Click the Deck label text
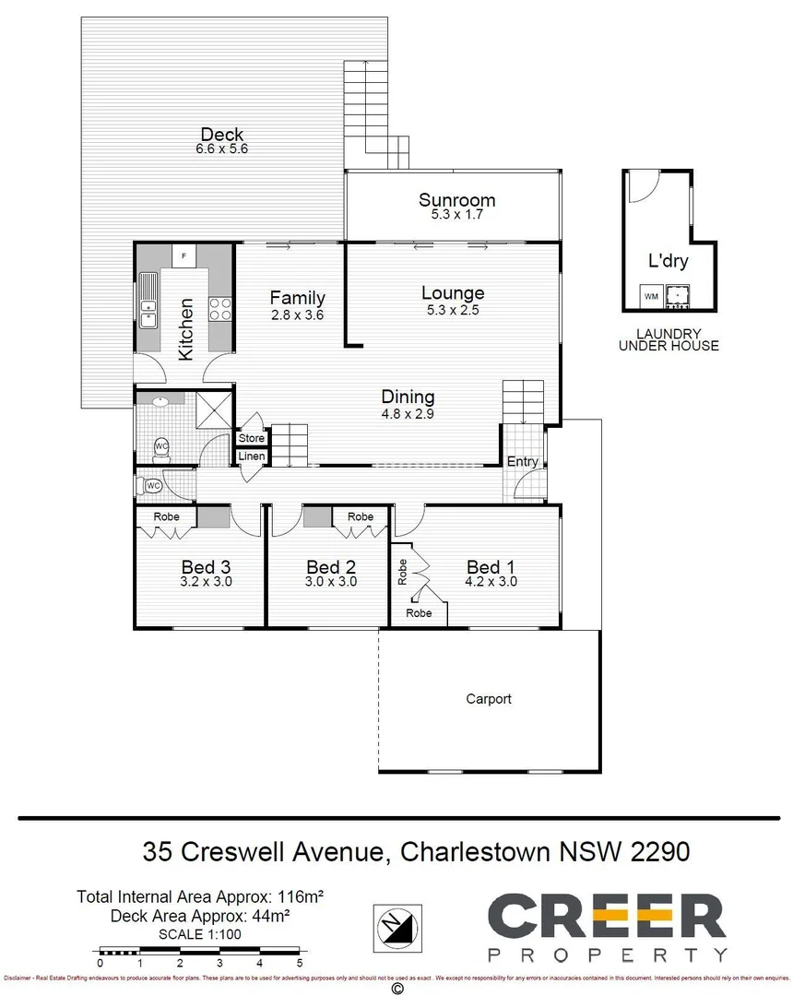click(222, 136)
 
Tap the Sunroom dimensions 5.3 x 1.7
click(456, 214)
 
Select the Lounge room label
click(453, 293)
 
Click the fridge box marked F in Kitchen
click(183, 255)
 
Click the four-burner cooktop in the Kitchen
click(220, 308)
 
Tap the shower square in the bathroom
click(214, 406)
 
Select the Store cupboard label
click(251, 438)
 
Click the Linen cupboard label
click(251, 456)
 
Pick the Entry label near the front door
click(522, 461)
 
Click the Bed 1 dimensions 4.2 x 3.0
click(490, 582)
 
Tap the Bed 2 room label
click(331, 567)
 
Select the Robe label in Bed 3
click(166, 516)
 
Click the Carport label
click(489, 699)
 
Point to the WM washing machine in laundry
click(652, 296)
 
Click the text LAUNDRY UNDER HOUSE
click(669, 339)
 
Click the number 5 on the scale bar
click(299, 963)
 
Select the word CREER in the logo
click(606, 917)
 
